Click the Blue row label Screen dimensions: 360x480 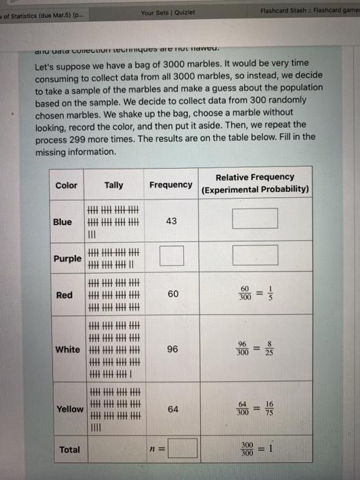pyautogui.click(x=62, y=221)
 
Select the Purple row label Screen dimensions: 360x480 pyautogui.click(x=68, y=259)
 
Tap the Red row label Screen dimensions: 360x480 pyautogui.click(x=64, y=295)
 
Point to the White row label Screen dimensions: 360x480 pyautogui.click(x=67, y=349)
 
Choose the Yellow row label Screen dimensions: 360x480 pyautogui.click(x=70, y=409)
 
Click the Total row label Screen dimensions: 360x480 pyautogui.click(x=69, y=450)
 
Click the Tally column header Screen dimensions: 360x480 pyautogui.click(x=114, y=185)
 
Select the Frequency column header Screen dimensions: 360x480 pyautogui.click(x=171, y=184)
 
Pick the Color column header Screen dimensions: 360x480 pyautogui.click(x=67, y=185)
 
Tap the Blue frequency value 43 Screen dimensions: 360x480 pyautogui.click(x=171, y=221)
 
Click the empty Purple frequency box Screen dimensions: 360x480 pyautogui.click(x=172, y=256)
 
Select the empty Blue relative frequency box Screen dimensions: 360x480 pyautogui.click(x=254, y=219)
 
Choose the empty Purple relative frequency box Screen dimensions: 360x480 pyautogui.click(x=254, y=255)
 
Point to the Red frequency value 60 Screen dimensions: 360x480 pyautogui.click(x=172, y=294)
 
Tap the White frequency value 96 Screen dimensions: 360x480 pyautogui.click(x=172, y=349)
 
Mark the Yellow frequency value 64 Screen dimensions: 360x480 pyautogui.click(x=172, y=409)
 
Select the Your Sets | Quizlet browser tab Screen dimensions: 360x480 pyautogui.click(x=167, y=11)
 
